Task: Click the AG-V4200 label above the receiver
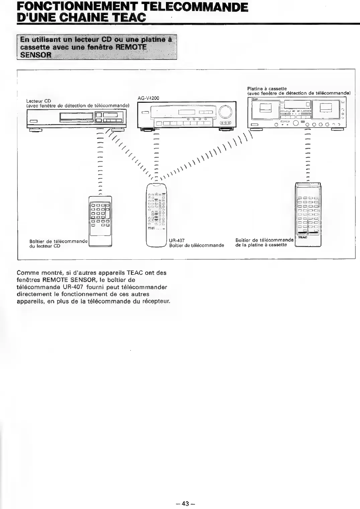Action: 149,98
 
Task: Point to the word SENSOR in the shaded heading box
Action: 36,55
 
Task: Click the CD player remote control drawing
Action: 100,221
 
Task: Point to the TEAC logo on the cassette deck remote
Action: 302,237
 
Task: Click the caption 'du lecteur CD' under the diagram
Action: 45,246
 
